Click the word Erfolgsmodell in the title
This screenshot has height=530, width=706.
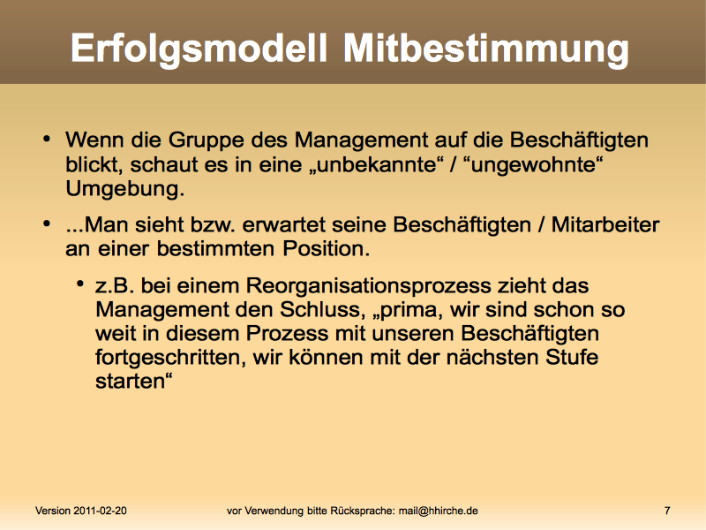tap(199, 49)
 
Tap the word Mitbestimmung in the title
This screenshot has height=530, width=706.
tap(486, 49)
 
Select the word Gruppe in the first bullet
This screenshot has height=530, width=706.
tap(206, 141)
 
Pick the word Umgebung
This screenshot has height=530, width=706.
tap(125, 189)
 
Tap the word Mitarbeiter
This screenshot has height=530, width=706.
tap(605, 224)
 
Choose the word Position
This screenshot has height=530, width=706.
tap(327, 248)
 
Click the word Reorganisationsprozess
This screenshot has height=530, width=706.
tap(369, 286)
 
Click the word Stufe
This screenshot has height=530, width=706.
tap(572, 357)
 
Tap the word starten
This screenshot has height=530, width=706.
tap(134, 382)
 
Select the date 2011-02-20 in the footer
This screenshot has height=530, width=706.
tap(100, 511)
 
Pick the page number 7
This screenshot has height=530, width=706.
tap(667, 511)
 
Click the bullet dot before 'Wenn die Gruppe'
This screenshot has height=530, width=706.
tap(47, 139)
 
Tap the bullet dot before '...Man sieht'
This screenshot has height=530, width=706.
tap(47, 223)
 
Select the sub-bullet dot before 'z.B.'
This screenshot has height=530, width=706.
tap(80, 284)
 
